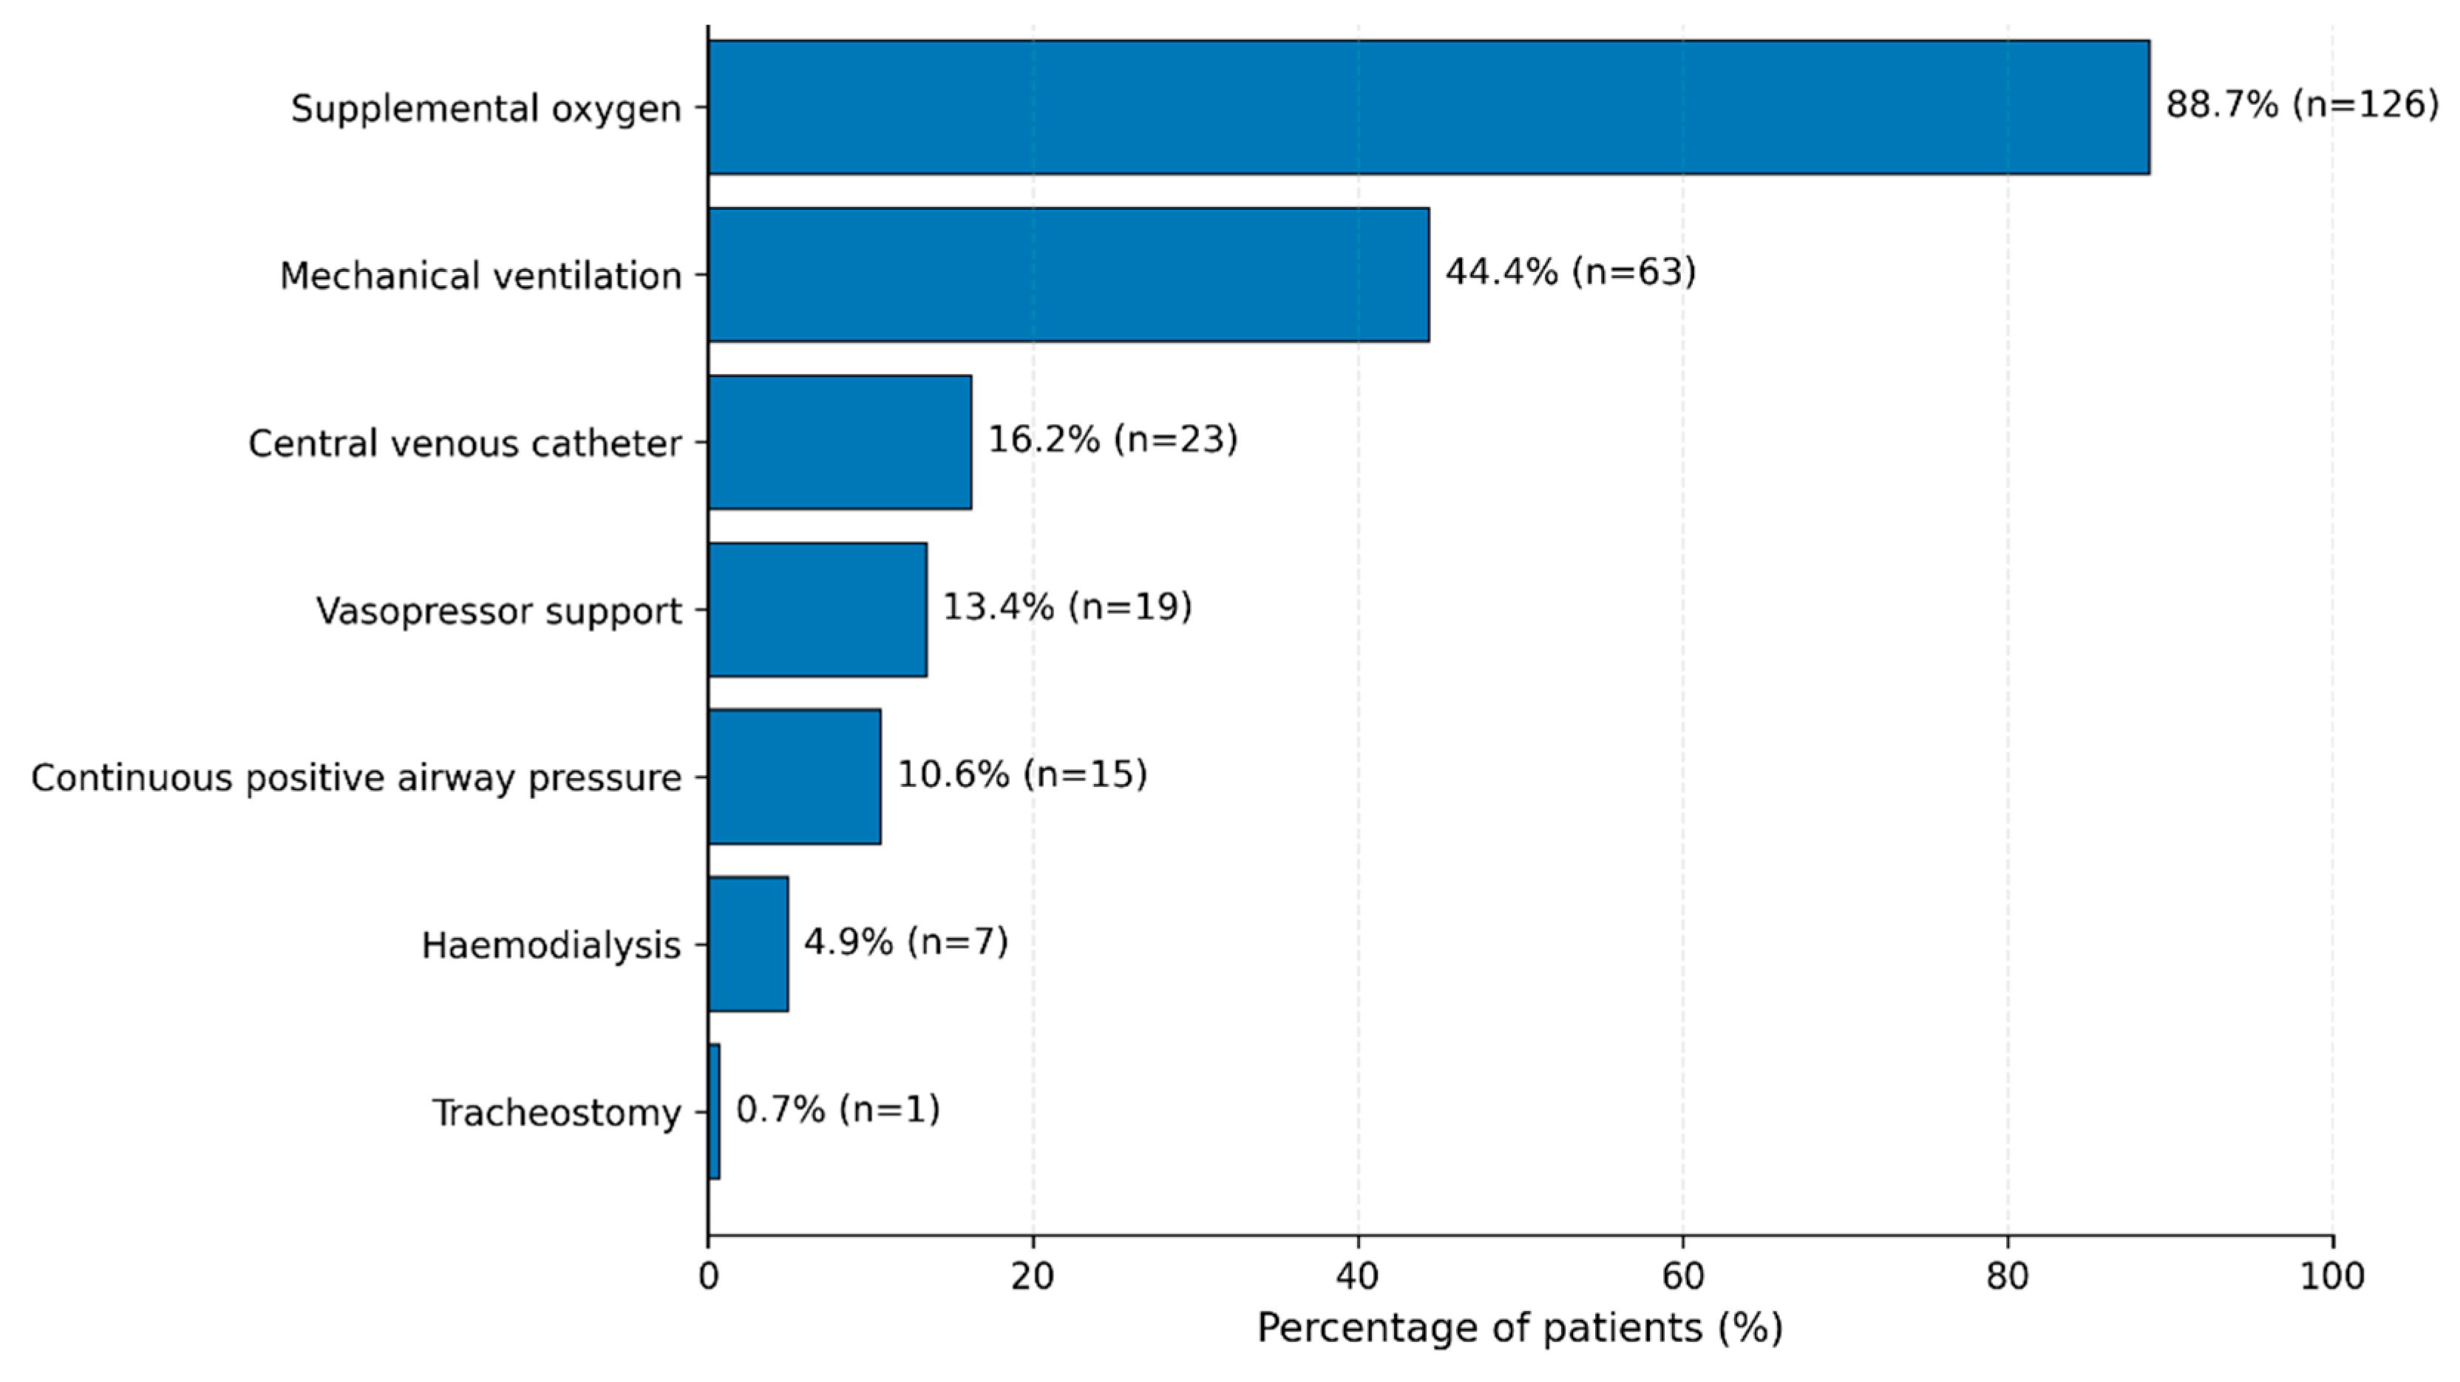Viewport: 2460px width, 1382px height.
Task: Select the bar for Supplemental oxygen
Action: coord(1429,107)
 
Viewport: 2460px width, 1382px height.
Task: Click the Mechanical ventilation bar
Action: coord(1069,274)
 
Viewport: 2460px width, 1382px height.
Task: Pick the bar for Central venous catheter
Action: coord(840,442)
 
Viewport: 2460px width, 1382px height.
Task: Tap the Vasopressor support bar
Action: coord(818,610)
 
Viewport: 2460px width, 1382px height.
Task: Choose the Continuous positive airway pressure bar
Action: coord(795,777)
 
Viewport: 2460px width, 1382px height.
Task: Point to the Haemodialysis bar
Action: coord(749,944)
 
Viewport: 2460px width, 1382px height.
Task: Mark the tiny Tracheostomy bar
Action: coord(714,1112)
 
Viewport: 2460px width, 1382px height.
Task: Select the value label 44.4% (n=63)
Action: coord(1571,272)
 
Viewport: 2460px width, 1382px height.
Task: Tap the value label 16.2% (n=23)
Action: coord(1112,439)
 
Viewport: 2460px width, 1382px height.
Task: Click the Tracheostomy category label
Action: coord(557,1114)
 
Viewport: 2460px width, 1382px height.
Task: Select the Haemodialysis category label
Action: coord(551,945)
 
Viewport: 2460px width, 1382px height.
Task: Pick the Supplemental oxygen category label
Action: coord(486,109)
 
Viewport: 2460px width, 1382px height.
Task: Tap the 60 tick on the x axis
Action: coord(1682,1277)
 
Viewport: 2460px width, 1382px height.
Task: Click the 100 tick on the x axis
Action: coord(2333,1277)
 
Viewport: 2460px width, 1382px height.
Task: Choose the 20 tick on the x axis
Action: coord(1033,1277)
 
